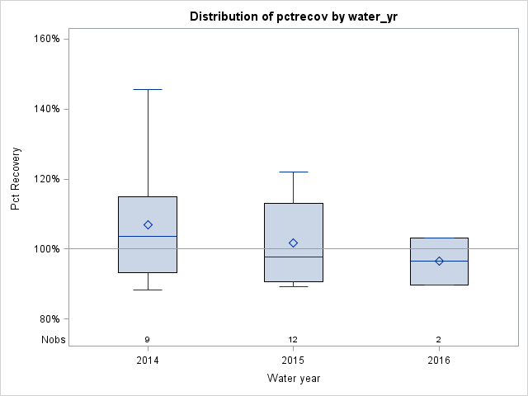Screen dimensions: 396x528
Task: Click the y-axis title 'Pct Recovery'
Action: click(x=16, y=178)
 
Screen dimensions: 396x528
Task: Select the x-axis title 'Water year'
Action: click(x=293, y=379)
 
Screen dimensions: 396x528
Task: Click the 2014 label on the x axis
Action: click(x=148, y=361)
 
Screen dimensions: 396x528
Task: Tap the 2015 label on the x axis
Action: click(x=293, y=361)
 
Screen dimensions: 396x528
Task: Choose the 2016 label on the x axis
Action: click(x=439, y=361)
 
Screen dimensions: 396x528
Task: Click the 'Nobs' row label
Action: click(x=53, y=339)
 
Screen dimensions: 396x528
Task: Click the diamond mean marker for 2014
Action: click(x=148, y=224)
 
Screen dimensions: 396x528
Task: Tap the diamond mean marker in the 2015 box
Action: click(x=293, y=243)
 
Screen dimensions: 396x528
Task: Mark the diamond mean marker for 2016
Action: click(x=439, y=261)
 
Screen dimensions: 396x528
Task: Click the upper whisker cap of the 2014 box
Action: click(x=148, y=89)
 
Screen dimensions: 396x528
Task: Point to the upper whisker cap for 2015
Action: click(x=293, y=172)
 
